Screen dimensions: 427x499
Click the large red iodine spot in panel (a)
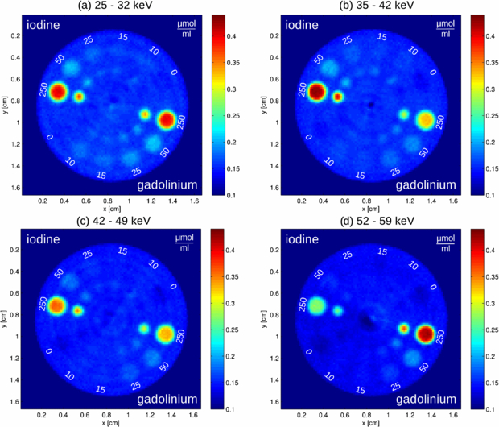(57, 92)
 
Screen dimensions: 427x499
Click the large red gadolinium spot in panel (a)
(167, 120)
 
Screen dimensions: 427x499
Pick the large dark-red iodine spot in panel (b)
(316, 92)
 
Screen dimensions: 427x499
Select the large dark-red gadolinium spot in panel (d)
(426, 334)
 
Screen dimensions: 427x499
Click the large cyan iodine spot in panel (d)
(316, 306)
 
